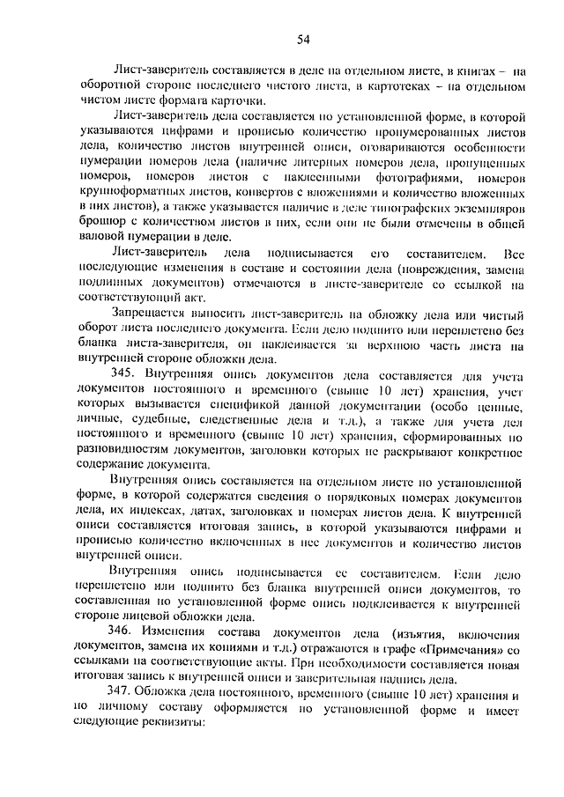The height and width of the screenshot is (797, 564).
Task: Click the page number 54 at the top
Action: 302,39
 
